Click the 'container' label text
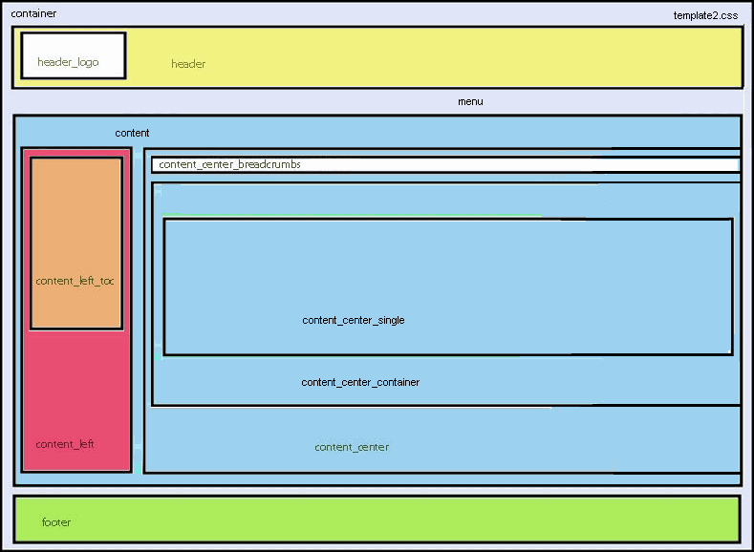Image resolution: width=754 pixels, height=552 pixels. click(33, 13)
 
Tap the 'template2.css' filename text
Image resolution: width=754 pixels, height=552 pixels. click(705, 15)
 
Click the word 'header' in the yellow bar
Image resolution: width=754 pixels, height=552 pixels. click(188, 64)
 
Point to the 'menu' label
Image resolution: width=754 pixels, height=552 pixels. click(470, 101)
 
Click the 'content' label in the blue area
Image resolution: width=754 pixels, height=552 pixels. click(132, 133)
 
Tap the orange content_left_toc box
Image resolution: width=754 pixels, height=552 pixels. click(75, 220)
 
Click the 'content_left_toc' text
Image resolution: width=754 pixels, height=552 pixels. click(75, 281)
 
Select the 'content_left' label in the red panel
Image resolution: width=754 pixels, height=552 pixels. click(65, 444)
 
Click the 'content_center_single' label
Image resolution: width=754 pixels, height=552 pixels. click(353, 320)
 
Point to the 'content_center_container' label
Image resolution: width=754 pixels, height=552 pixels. click(360, 382)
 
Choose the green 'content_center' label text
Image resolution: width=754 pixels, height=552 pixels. click(352, 447)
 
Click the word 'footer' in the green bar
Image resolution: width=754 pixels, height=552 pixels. click(56, 522)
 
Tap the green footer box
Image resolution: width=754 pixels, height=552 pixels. click(382, 519)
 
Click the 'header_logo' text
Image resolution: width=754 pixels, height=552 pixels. click(68, 62)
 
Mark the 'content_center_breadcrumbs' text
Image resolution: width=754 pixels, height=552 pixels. click(229, 164)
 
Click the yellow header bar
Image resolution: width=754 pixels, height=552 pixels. click(430, 57)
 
